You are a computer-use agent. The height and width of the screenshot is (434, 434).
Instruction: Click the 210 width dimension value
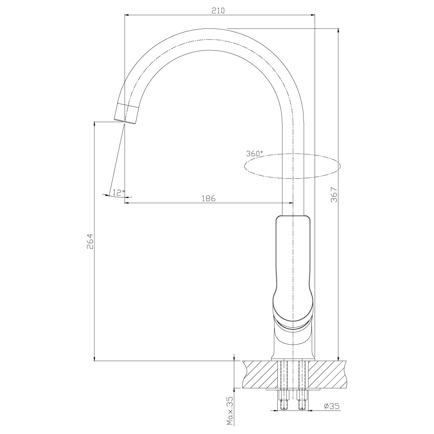(x=219, y=10)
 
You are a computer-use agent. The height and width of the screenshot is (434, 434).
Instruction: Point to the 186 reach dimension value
(x=208, y=198)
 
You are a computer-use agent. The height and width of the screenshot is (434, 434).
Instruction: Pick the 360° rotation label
(x=255, y=153)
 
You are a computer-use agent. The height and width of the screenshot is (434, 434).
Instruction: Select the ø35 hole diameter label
(x=331, y=407)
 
